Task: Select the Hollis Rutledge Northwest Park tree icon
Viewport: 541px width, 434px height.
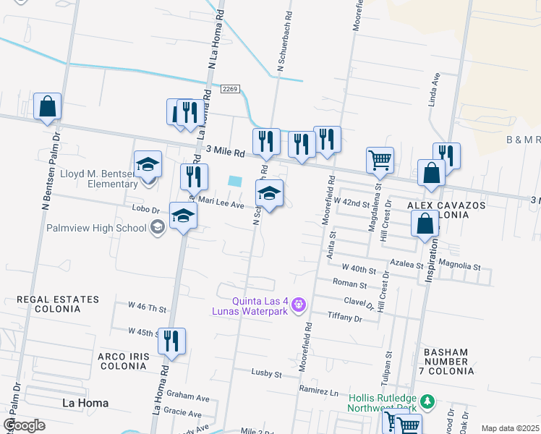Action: pyautogui.click(x=427, y=400)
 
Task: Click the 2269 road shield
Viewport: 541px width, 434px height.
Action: pyautogui.click(x=230, y=89)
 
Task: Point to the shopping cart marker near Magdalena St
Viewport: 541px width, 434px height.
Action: pyautogui.click(x=380, y=160)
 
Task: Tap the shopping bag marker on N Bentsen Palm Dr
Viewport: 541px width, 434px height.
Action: pyautogui.click(x=48, y=107)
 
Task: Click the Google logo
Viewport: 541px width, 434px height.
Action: pyautogui.click(x=24, y=425)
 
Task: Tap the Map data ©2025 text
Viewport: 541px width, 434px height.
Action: pyautogui.click(x=509, y=428)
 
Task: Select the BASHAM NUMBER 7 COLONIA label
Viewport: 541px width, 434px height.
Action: pyautogui.click(x=446, y=362)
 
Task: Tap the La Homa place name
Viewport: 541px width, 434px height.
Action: pyautogui.click(x=85, y=403)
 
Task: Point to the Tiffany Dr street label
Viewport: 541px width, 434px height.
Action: pyautogui.click(x=344, y=318)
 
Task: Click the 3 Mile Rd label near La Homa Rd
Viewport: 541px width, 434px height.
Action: pyautogui.click(x=226, y=152)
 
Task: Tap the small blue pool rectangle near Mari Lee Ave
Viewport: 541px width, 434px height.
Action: pyautogui.click(x=234, y=181)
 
